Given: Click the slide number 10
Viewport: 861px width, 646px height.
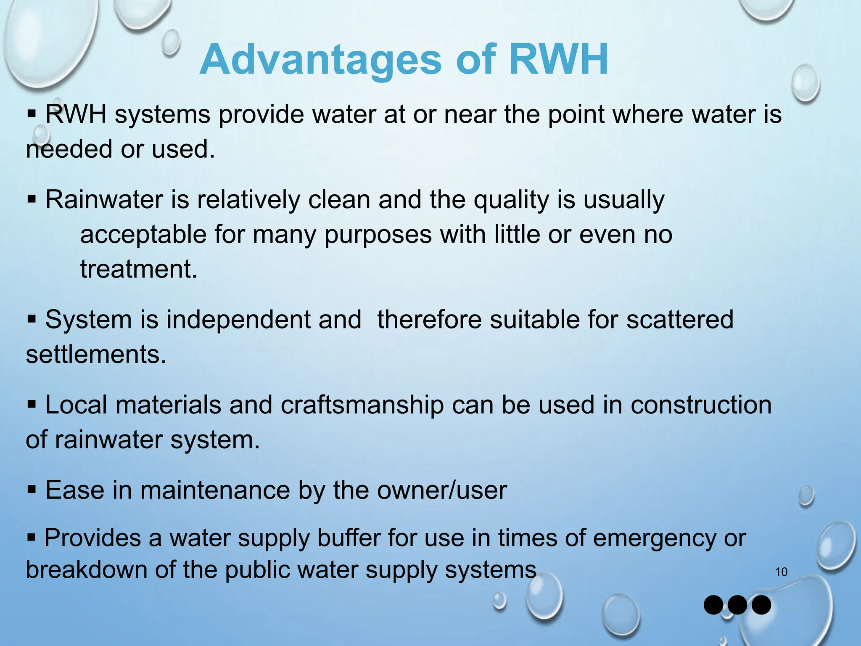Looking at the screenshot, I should pyautogui.click(x=781, y=572).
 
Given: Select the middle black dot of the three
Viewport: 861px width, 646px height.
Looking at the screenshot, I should pyautogui.click(x=737, y=605).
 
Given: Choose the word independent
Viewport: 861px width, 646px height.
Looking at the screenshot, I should pyautogui.click(x=264, y=319).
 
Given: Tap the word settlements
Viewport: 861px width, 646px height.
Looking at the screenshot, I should pyautogui.click(x=96, y=354).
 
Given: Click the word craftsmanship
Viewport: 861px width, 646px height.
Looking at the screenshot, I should pyautogui.click(x=362, y=405).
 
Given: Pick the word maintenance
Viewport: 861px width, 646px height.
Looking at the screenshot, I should pyautogui.click(x=215, y=490).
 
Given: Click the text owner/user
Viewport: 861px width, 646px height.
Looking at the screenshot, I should pyautogui.click(x=442, y=490).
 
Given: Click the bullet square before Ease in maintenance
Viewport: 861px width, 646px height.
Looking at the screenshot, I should pyautogui.click(x=32, y=490).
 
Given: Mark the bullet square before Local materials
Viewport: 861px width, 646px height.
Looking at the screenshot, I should pyautogui.click(x=32, y=405).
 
